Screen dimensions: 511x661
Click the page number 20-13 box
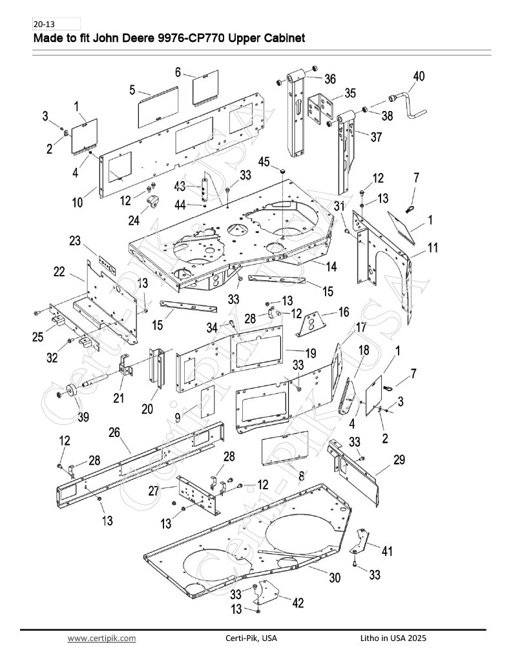pos(56,24)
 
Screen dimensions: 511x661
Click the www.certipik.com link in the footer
pos(101,638)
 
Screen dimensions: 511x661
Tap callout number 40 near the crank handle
pos(419,76)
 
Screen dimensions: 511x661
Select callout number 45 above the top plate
pos(264,161)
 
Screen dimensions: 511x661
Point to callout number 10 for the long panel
pos(78,202)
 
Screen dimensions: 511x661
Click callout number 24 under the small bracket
pos(134,220)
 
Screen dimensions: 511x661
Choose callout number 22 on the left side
pos(59,272)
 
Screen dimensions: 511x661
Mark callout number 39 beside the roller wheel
pos(83,417)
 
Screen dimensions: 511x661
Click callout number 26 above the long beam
pos(114,432)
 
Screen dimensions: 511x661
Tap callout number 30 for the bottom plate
pos(335,577)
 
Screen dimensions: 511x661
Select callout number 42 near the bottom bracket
pos(298,603)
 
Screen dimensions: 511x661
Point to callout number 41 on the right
pos(387,551)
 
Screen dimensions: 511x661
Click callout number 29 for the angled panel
pos(399,460)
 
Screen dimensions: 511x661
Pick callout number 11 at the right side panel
pos(433,247)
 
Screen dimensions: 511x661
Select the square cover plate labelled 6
pos(205,88)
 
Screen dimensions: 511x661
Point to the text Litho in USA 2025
pos(393,638)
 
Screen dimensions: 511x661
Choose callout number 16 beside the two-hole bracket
pos(344,312)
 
